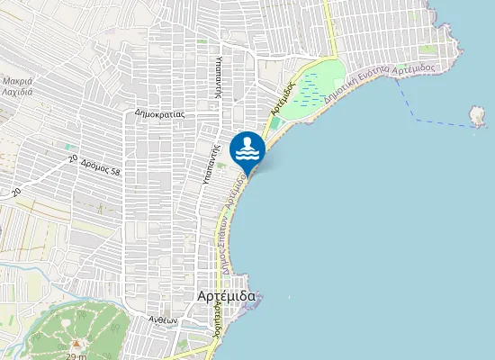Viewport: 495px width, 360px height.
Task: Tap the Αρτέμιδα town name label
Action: (226, 296)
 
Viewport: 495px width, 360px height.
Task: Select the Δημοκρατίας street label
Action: (159, 114)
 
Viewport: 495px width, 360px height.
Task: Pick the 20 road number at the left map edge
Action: (15, 191)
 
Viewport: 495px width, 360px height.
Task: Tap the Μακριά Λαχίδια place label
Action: (17, 86)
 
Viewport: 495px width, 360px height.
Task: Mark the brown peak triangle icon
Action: (76, 343)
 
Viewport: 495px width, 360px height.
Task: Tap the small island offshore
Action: (478, 116)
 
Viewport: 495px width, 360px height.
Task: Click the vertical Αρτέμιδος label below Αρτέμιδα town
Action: (217, 319)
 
